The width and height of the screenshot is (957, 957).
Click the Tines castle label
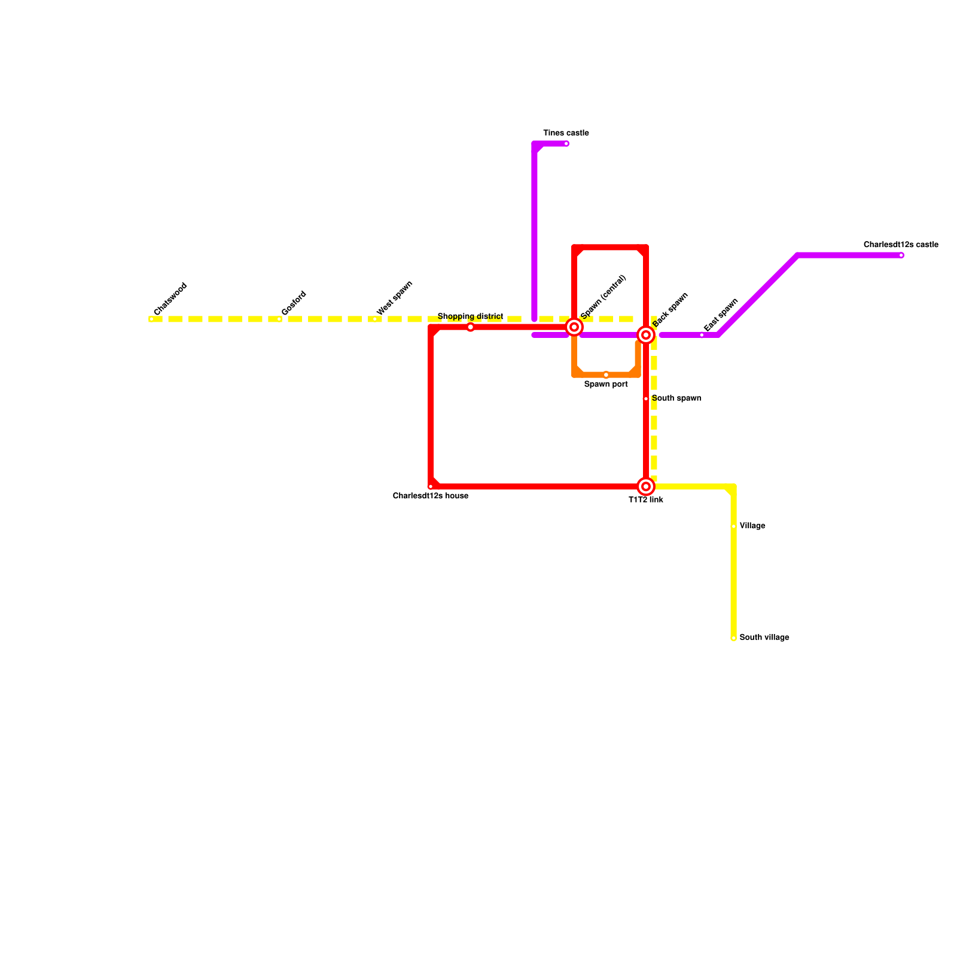coord(566,133)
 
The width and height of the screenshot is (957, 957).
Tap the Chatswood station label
coord(170,299)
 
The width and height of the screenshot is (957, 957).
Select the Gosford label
coord(294,303)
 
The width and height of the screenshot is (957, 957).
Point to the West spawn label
coord(395,298)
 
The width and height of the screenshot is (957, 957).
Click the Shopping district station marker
coord(471,327)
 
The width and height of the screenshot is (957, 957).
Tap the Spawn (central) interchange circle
coord(574,327)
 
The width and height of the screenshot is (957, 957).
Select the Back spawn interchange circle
coord(646,336)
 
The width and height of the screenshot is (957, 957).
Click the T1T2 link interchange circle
coord(646,487)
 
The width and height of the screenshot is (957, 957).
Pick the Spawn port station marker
coord(606,375)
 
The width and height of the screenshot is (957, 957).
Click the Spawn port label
coord(606,385)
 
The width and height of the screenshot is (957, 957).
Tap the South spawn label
coord(676,398)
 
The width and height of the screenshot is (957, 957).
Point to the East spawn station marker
coord(702,336)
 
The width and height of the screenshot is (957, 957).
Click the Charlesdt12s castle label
coord(901,245)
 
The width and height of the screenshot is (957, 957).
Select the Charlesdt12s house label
coord(431,496)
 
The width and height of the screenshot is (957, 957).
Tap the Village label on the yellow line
coord(752,526)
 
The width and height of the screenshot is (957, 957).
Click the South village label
coord(764,638)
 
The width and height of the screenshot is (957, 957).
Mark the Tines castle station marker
coord(566,144)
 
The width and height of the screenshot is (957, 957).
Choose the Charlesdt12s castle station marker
coord(901,255)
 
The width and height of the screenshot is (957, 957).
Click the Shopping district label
coord(470,316)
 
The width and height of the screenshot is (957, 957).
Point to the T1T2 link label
coord(646,500)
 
